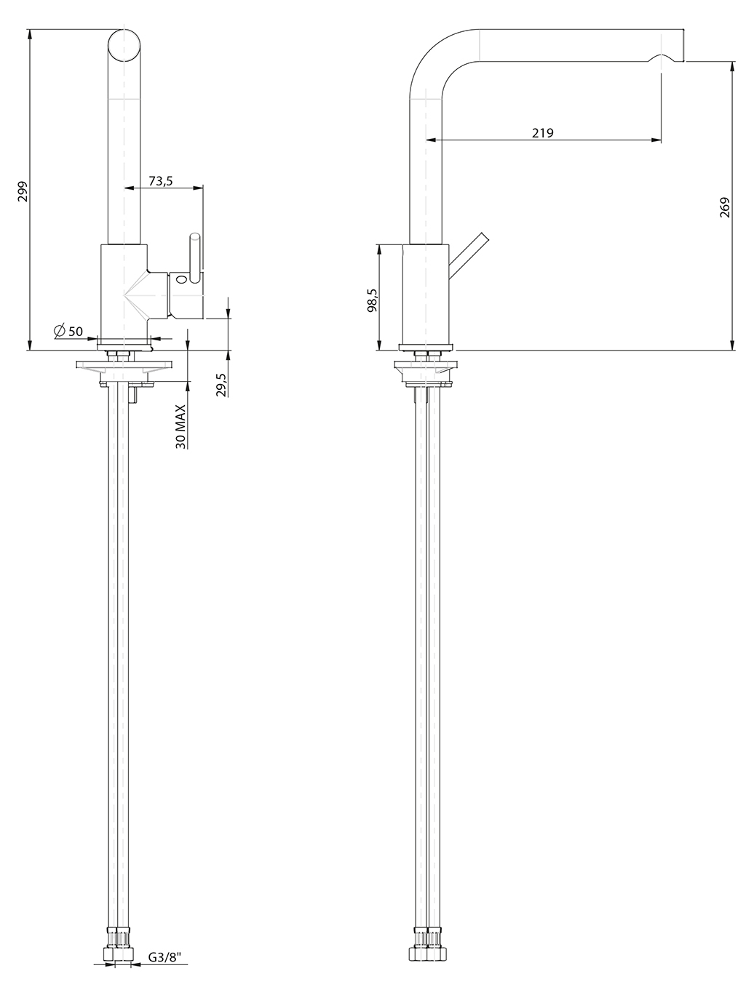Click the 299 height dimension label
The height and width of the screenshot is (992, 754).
pos(23,191)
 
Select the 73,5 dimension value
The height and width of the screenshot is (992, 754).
pos(161,181)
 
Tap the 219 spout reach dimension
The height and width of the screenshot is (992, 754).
pos(542,133)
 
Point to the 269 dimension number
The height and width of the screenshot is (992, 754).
pos(725,207)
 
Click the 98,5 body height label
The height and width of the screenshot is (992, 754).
pos(372,300)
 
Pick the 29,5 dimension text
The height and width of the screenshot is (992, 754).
pos(221,385)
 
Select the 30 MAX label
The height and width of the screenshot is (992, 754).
pos(181,426)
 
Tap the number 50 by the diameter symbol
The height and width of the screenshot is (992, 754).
pos(76,331)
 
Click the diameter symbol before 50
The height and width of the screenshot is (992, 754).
pos(60,331)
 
